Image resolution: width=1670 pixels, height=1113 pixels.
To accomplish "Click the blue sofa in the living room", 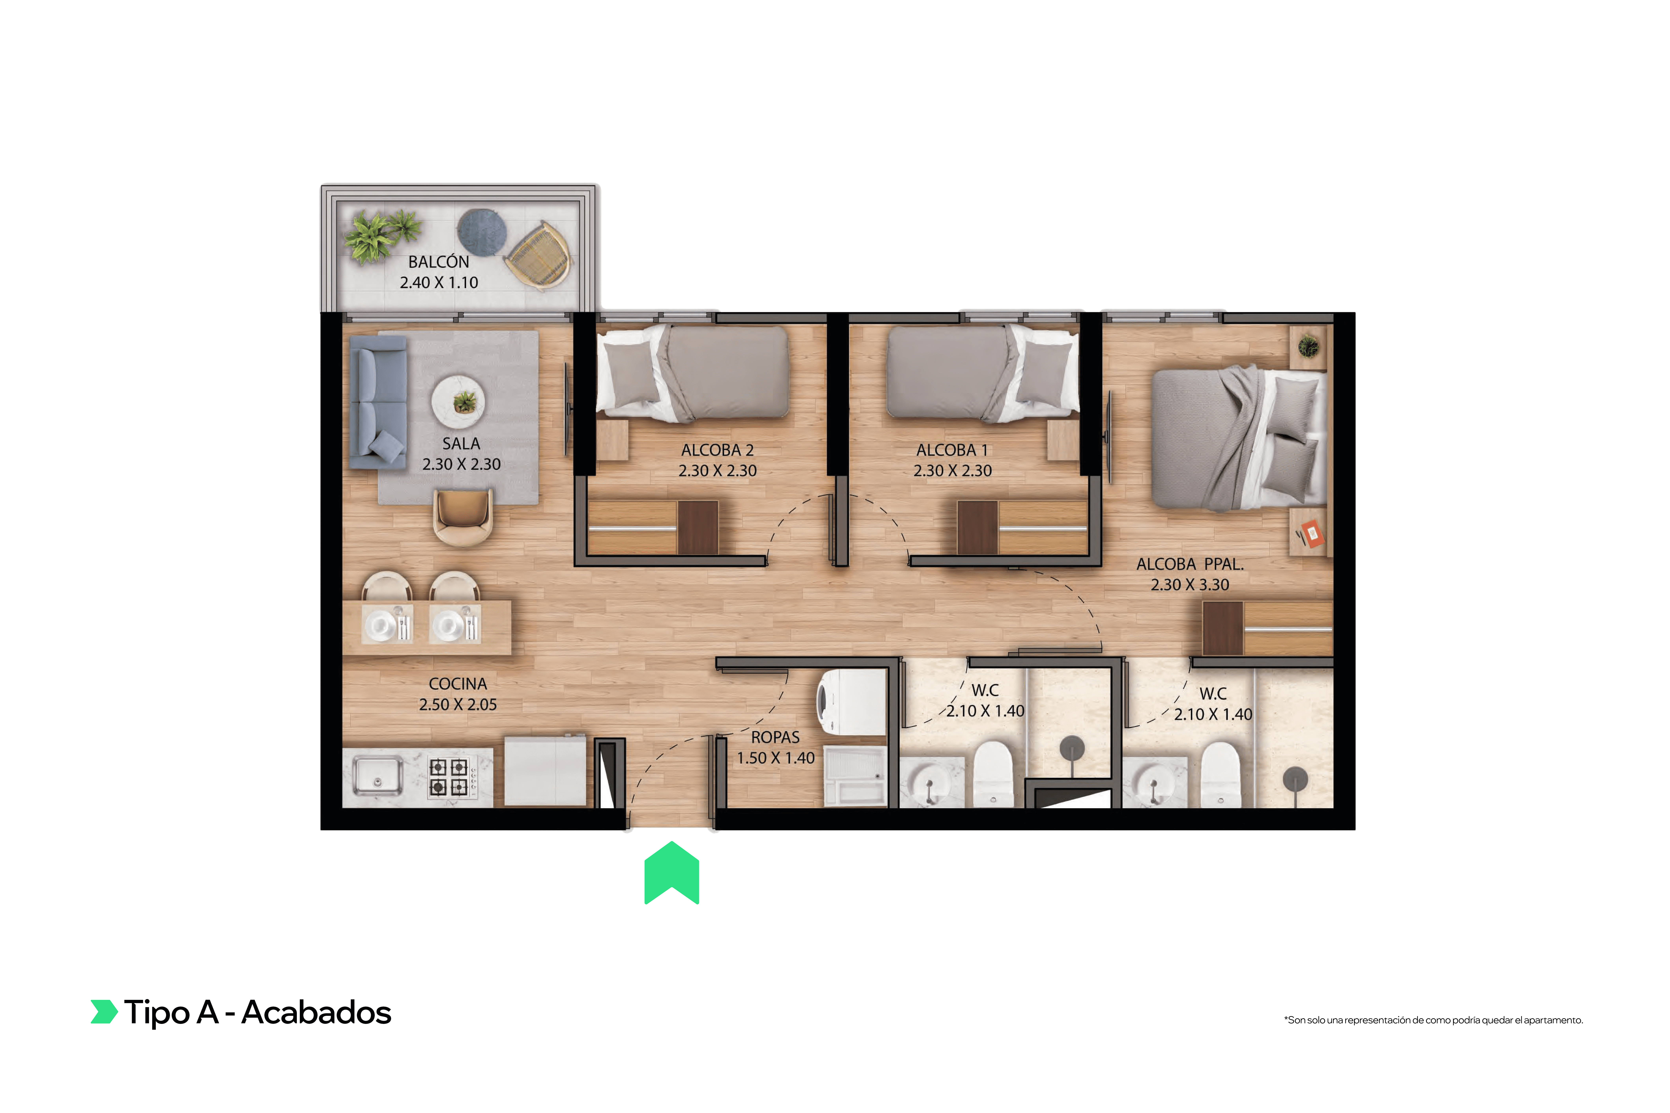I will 378,403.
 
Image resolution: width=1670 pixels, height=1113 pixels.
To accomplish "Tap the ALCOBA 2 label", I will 717,450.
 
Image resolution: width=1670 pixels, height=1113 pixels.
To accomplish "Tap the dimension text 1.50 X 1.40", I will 775,758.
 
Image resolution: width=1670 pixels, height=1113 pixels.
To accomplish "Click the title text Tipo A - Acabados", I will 257,1012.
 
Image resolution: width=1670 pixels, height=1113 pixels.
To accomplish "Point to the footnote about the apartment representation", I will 1433,1020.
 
